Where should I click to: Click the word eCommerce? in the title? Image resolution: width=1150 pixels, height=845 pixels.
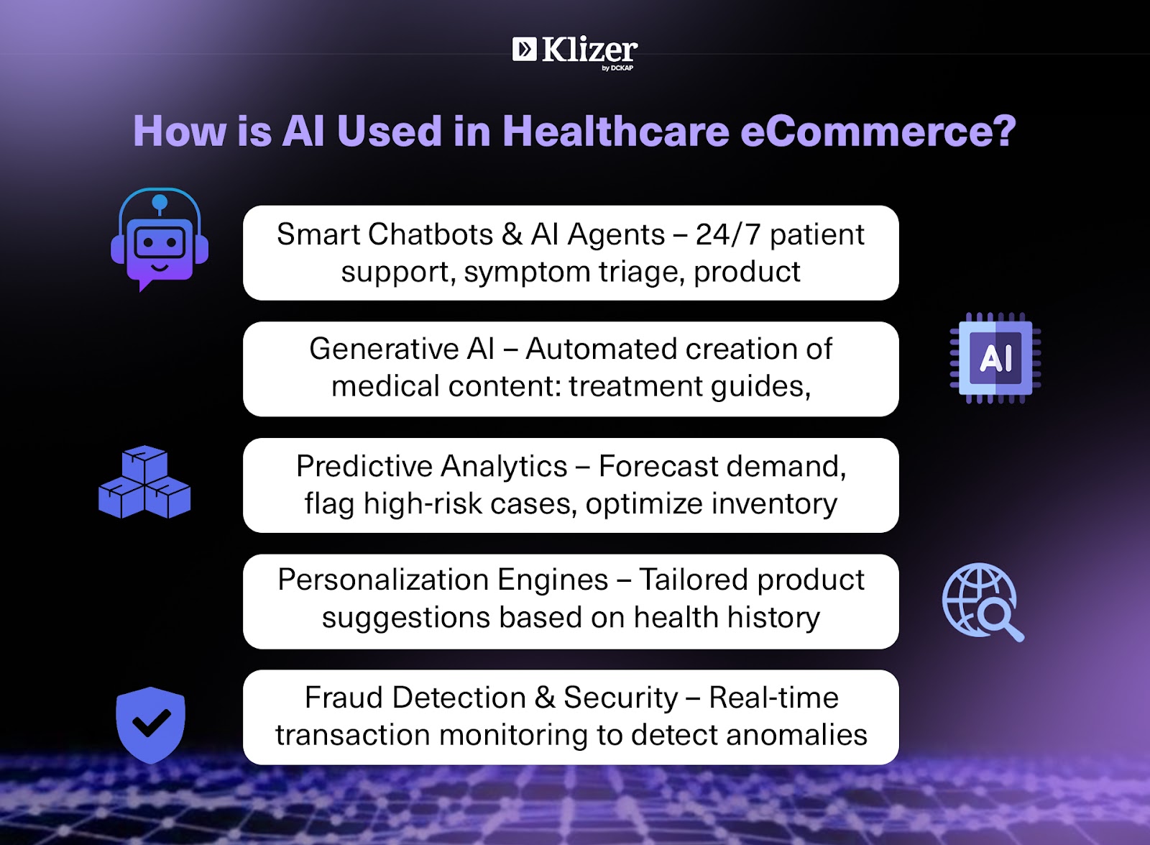[x=878, y=131]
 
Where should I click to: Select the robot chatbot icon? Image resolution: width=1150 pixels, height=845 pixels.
[x=160, y=239]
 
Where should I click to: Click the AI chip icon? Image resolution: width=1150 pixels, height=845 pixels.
[x=995, y=358]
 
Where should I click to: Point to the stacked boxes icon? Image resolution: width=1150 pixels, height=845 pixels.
[x=144, y=482]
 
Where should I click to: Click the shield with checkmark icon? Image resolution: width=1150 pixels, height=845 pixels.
[x=150, y=725]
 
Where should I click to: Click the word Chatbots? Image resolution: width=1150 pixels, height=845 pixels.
[x=430, y=234]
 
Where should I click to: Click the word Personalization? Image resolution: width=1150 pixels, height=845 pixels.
[x=382, y=580]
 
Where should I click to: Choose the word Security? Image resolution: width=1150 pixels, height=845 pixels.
[x=621, y=698]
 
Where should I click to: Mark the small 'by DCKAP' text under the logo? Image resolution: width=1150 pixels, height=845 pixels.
[x=617, y=68]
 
